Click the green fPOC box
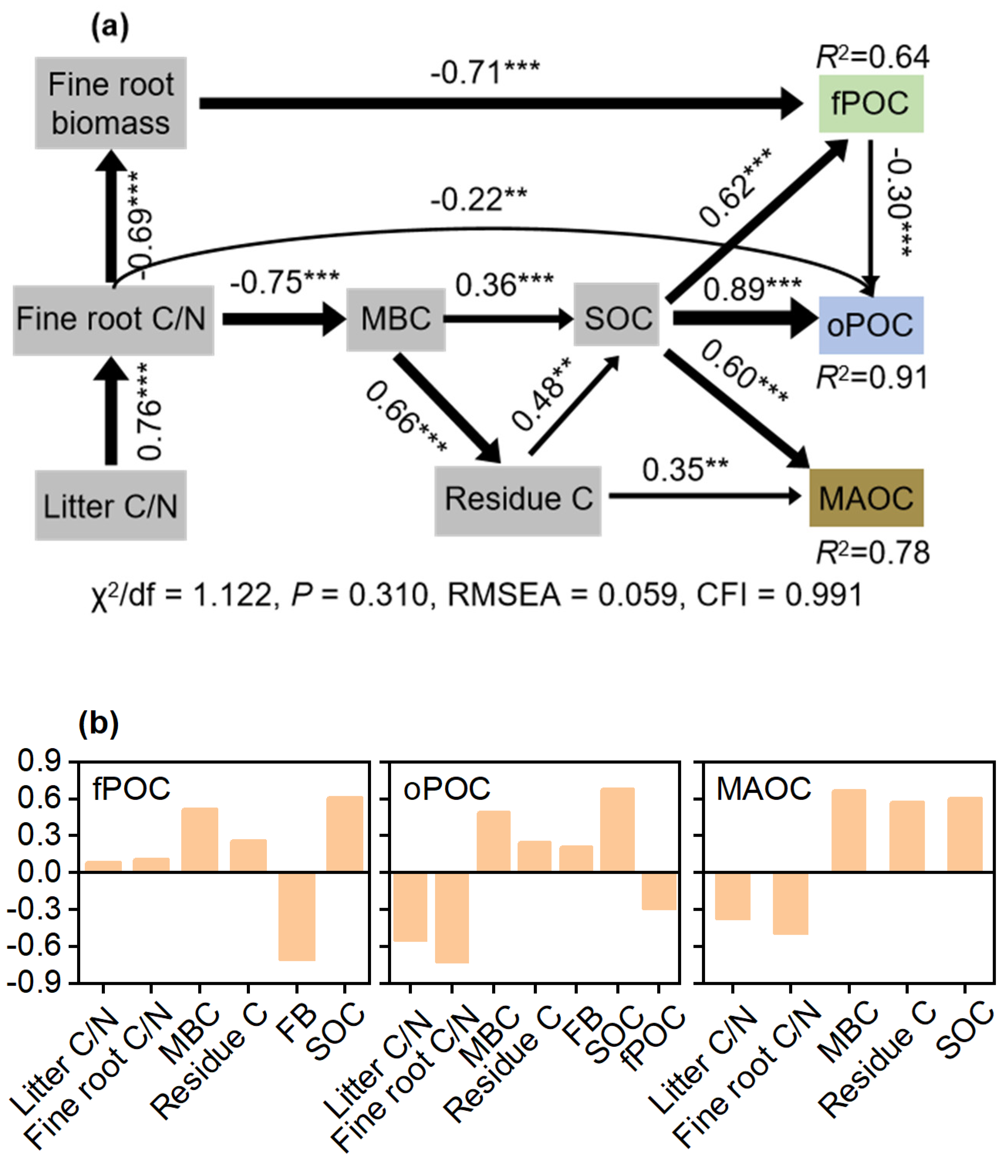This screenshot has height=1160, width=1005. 870,104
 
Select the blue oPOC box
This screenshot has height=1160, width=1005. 870,325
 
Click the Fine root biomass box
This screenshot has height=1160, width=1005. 110,103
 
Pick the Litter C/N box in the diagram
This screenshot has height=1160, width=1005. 110,505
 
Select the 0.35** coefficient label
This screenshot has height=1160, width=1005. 685,469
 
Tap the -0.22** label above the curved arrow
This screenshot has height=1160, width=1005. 478,199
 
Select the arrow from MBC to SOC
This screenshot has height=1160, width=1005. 508,319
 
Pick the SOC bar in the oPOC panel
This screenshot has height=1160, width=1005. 617,830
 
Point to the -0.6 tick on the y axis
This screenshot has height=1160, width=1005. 34,946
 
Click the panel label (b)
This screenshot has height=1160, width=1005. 99,724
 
